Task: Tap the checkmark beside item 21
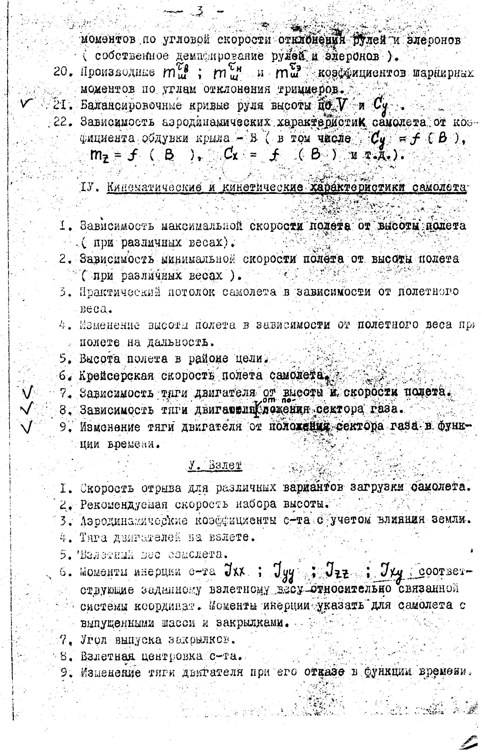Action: coord(26,102)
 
